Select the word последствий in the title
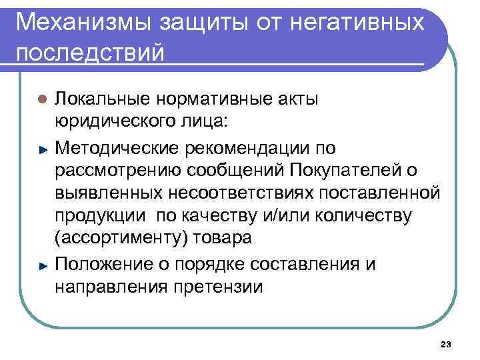coord(89,53)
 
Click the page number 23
coord(446,344)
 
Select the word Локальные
coord(103,99)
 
